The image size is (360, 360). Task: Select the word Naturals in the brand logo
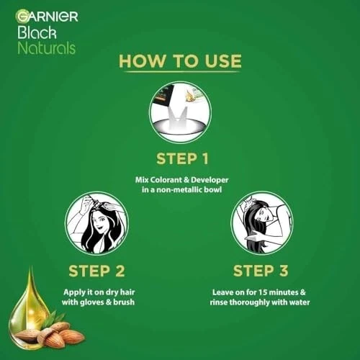click(x=45, y=48)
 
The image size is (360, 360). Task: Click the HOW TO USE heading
click(x=180, y=61)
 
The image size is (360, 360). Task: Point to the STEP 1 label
click(x=180, y=156)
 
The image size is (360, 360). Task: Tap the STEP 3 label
click(x=262, y=271)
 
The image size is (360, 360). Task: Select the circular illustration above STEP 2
click(x=96, y=222)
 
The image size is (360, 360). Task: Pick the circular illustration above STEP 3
click(x=262, y=222)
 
